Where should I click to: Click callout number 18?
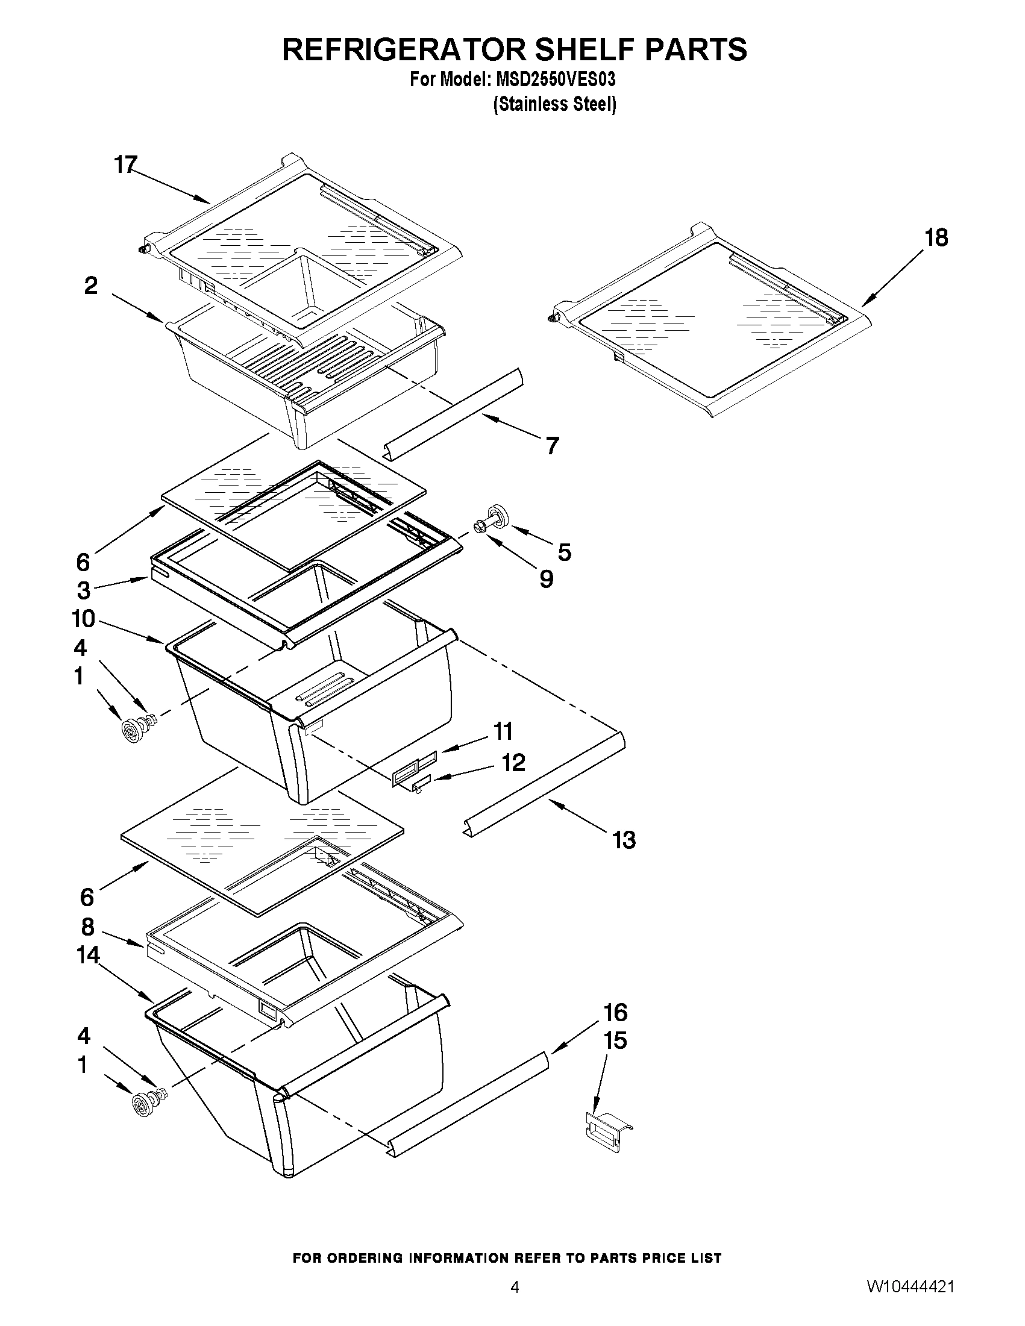click(x=936, y=238)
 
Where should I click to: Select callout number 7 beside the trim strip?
click(x=551, y=446)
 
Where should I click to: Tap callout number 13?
click(x=624, y=840)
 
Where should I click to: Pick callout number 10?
click(x=83, y=619)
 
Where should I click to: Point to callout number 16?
click(x=615, y=1012)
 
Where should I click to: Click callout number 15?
click(x=615, y=1040)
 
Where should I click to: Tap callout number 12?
click(x=513, y=763)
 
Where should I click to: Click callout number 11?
click(x=503, y=731)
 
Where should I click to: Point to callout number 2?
click(x=90, y=286)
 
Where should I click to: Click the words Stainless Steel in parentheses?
click(x=554, y=104)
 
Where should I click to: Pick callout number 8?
click(x=87, y=927)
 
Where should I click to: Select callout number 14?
click(x=87, y=955)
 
